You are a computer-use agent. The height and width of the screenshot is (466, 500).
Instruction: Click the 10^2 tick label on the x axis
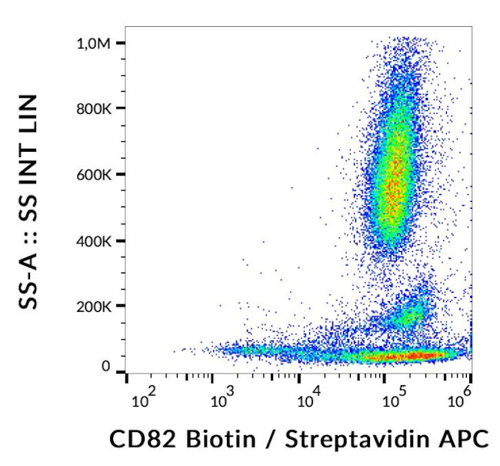tap(144, 399)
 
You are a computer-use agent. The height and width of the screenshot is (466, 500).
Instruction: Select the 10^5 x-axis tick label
tap(395, 399)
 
